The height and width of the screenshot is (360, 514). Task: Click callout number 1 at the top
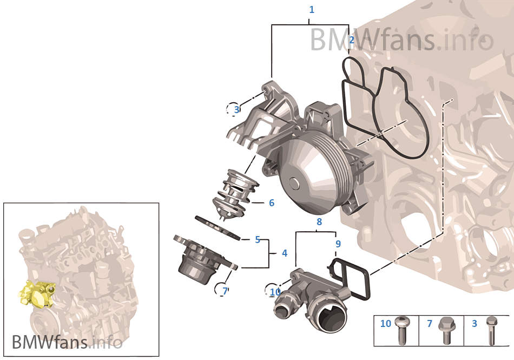point(311,10)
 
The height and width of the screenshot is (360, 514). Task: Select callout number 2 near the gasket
point(351,40)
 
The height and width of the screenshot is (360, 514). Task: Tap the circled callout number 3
point(236,109)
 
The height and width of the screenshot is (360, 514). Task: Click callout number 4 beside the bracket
point(285,253)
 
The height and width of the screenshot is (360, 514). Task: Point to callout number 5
point(258,239)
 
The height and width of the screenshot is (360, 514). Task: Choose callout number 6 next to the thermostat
point(272,203)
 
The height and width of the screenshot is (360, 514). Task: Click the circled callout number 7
point(225,291)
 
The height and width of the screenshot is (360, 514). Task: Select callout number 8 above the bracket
point(319,222)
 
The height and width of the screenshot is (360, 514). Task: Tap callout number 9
point(338,244)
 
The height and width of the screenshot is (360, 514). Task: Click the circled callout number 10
point(275,292)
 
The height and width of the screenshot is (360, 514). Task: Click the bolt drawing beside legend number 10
point(402,329)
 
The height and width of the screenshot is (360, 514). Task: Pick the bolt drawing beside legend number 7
point(446,330)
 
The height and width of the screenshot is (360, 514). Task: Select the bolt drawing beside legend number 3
point(491,330)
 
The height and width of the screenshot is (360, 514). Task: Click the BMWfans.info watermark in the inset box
point(67,342)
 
